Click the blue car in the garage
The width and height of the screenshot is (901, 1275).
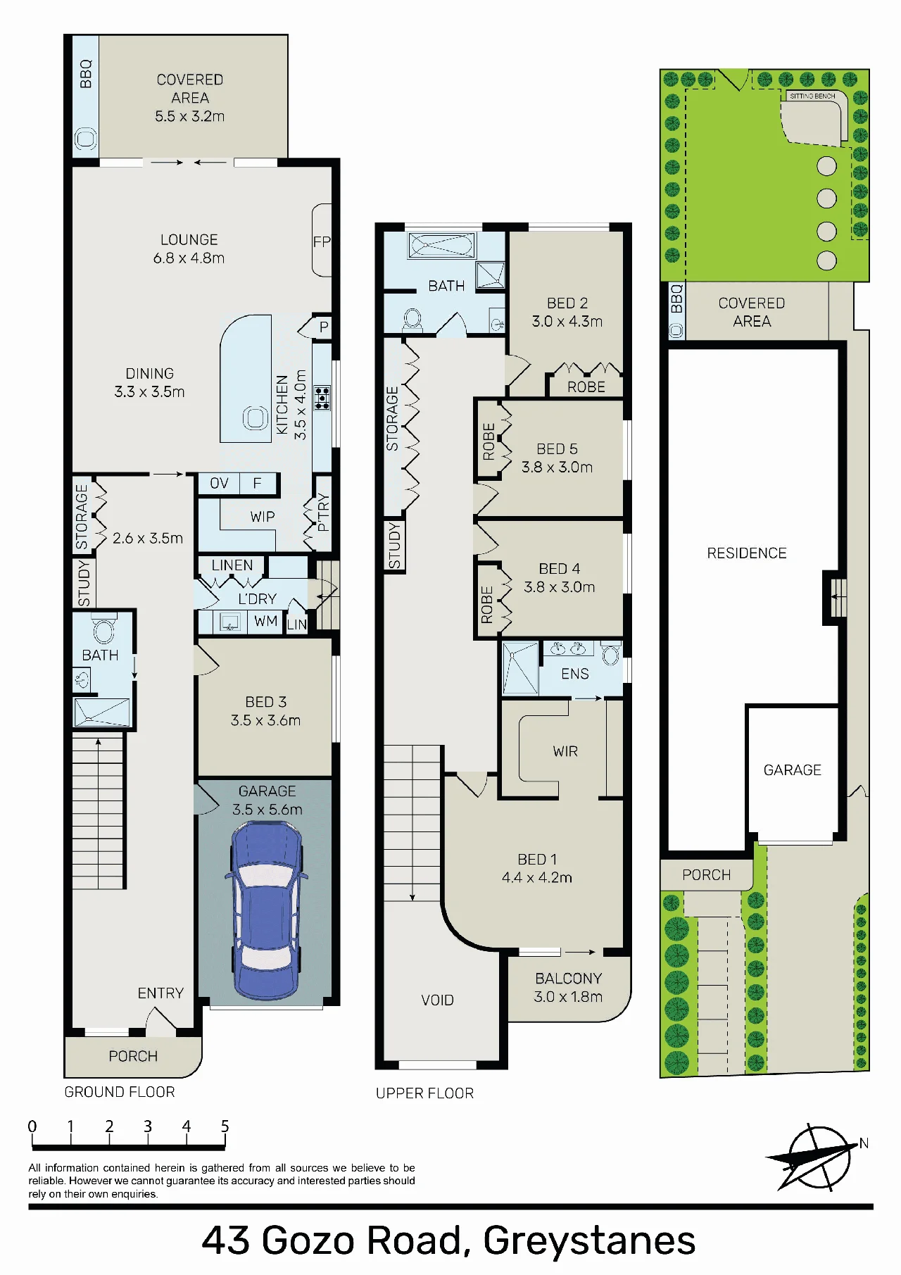(x=266, y=910)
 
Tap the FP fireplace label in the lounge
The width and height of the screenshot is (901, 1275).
(x=322, y=241)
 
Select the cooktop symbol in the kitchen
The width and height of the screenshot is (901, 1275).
(x=322, y=398)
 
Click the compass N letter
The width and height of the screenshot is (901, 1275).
(x=864, y=1143)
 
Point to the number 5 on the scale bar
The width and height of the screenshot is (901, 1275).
(x=225, y=1126)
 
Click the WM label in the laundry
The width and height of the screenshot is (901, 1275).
(x=265, y=621)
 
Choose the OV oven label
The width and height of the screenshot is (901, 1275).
(x=219, y=483)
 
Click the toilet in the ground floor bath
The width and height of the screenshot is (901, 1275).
(x=103, y=629)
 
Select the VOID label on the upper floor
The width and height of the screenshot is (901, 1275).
(x=437, y=1000)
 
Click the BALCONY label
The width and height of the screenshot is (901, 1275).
(x=568, y=979)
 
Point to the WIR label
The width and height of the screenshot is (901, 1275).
(x=565, y=751)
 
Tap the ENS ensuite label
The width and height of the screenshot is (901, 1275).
(x=574, y=674)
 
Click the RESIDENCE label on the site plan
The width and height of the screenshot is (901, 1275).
(x=747, y=553)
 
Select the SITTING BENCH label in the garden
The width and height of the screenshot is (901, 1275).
(x=812, y=96)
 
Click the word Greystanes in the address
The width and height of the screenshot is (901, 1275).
(x=589, y=1241)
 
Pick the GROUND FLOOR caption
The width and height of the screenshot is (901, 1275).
(x=120, y=1092)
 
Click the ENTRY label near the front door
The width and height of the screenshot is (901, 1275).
(x=160, y=993)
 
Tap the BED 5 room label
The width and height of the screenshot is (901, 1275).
(x=557, y=448)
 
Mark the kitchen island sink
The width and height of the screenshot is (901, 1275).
(x=255, y=418)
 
